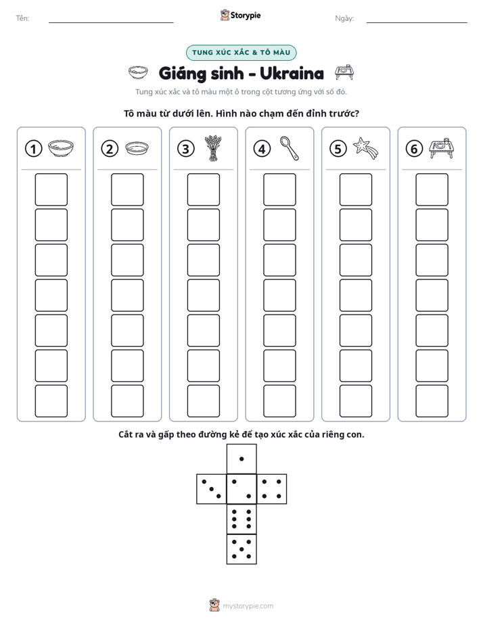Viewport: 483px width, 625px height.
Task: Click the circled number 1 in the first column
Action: point(33,149)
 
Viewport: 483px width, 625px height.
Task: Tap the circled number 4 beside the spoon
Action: point(262,149)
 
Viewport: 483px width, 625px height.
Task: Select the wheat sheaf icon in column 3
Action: point(213,148)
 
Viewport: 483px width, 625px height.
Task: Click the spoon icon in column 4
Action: point(289,148)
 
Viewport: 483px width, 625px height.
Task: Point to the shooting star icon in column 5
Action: point(365,148)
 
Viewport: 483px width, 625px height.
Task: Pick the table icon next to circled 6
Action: point(442,148)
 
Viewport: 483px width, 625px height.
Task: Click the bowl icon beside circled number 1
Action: point(61,148)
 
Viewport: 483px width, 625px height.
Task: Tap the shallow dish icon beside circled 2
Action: point(137,148)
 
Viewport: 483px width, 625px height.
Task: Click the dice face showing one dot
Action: point(241,459)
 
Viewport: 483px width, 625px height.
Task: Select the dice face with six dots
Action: point(241,519)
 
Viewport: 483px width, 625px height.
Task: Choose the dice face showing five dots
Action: point(241,549)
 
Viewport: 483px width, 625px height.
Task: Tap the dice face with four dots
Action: point(272,489)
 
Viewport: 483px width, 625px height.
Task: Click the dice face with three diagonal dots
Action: point(211,489)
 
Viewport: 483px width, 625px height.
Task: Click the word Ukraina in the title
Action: point(292,73)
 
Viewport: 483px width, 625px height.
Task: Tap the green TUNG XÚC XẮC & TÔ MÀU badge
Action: point(241,53)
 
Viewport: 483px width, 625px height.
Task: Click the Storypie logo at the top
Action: point(240,16)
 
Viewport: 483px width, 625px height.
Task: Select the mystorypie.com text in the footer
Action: point(248,606)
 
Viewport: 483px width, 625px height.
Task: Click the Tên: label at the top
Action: point(22,18)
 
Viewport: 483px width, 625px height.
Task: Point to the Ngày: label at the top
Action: point(344,18)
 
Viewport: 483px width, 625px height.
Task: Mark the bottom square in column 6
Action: point(432,401)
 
